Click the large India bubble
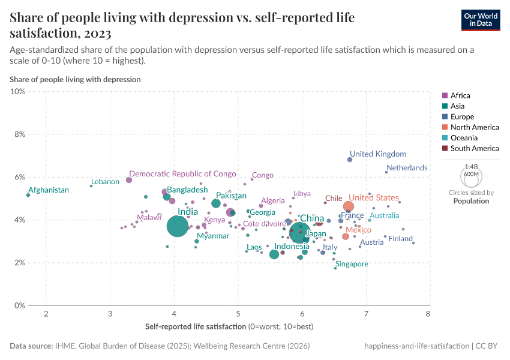tap(178, 226)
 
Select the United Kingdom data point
tap(350, 160)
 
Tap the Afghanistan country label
tap(49, 190)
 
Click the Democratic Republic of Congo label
tap(182, 174)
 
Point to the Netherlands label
tap(407, 168)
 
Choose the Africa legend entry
tap(460, 95)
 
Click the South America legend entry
tap(474, 148)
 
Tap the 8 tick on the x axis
tap(428, 314)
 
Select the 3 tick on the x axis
tap(110, 314)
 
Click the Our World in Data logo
tap(480, 19)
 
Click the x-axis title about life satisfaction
tap(229, 327)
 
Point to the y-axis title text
tap(75, 79)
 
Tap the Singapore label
tap(352, 264)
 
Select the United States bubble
tap(349, 206)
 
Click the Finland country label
tap(401, 239)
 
